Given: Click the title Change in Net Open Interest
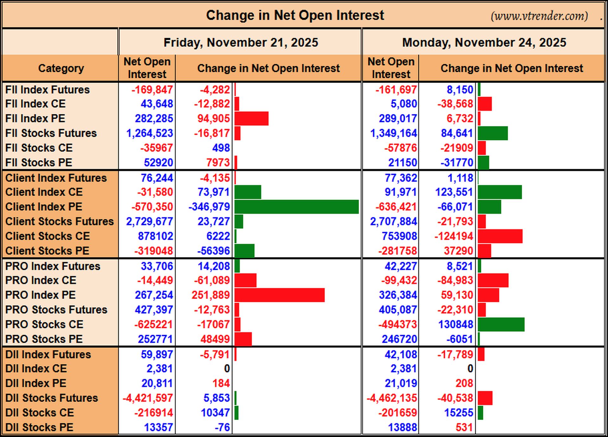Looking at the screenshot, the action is (x=295, y=15).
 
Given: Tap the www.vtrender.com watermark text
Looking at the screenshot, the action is (x=539, y=16).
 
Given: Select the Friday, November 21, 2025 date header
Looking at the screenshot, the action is (x=241, y=42).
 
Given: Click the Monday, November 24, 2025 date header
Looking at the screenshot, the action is (x=484, y=42).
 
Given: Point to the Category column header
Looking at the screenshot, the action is (x=61, y=68).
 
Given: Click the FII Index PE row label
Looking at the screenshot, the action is (x=35, y=118).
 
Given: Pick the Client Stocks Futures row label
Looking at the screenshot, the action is (x=60, y=221).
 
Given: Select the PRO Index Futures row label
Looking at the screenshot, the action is (x=53, y=266).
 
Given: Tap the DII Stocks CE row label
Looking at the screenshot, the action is (x=40, y=413).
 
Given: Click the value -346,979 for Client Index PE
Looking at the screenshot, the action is (x=209, y=207).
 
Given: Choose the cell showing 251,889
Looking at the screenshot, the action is (x=211, y=295).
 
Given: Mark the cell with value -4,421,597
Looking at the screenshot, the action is (x=148, y=398).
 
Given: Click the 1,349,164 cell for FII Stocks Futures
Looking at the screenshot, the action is (x=394, y=133).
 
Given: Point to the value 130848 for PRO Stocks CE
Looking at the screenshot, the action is (x=456, y=324).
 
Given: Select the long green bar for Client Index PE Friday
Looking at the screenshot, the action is (x=297, y=207).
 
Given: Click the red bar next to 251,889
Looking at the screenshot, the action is (x=280, y=295).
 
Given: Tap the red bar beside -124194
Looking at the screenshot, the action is (x=500, y=236).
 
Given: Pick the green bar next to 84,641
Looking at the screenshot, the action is (x=493, y=133).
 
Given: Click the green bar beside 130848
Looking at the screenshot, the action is (x=501, y=324).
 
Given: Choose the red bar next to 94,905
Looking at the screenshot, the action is (x=252, y=118).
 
